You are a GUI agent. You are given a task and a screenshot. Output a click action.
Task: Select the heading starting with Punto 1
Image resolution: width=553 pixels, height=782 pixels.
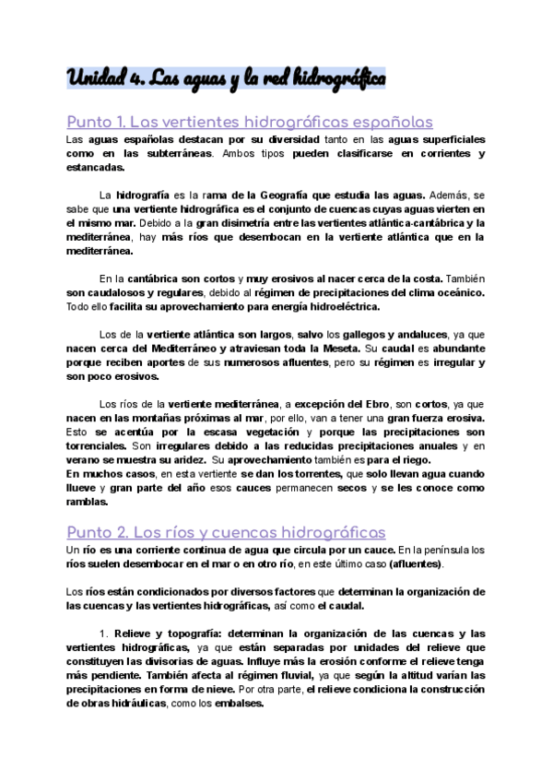tap(250, 122)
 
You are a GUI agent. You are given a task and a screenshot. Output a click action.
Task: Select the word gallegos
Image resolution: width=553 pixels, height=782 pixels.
tap(358, 334)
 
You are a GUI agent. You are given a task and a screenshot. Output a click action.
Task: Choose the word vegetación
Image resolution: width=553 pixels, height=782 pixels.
tap(268, 432)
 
